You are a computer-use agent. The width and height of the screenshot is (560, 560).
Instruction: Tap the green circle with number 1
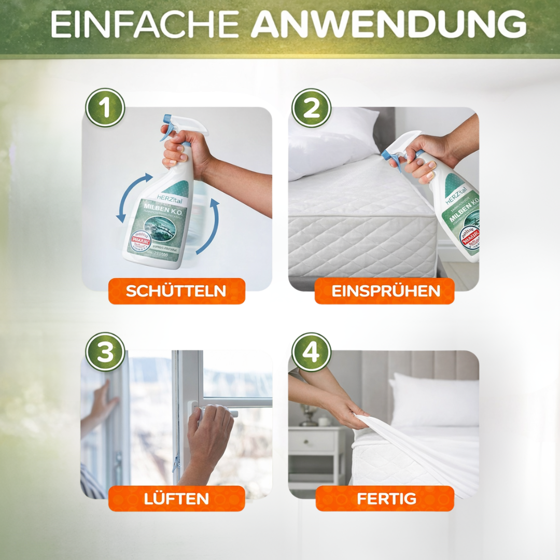click(x=105, y=108)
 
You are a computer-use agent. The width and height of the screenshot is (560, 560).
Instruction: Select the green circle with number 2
click(x=312, y=108)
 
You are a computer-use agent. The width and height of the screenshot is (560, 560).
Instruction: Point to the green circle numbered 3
click(x=105, y=352)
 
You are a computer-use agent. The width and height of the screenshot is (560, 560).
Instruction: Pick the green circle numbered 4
click(x=312, y=352)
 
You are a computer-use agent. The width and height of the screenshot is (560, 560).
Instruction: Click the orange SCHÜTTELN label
click(x=176, y=291)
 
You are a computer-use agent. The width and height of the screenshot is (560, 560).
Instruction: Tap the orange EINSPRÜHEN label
click(x=384, y=291)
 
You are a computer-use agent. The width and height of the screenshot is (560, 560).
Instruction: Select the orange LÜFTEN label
click(x=176, y=498)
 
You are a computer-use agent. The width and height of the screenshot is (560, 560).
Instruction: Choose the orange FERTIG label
click(x=384, y=498)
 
